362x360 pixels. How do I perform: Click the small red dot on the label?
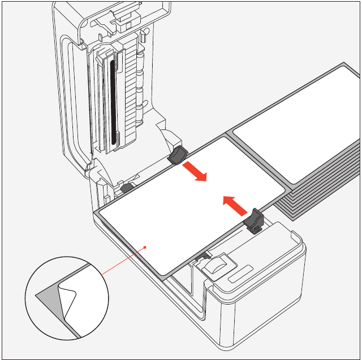146,246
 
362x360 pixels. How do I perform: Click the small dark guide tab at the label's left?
127,187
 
